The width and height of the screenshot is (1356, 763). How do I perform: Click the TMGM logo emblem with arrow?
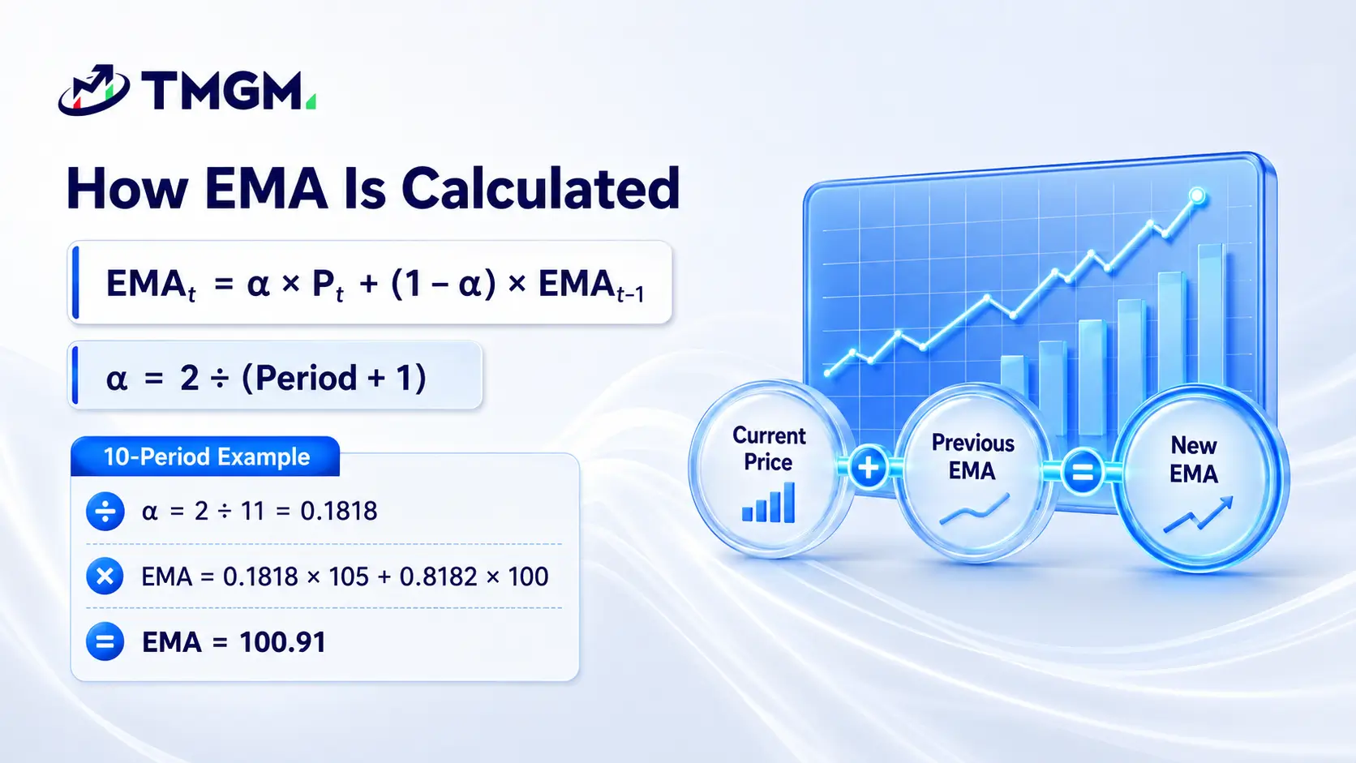(94, 89)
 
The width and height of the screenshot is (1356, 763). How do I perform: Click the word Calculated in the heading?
(541, 188)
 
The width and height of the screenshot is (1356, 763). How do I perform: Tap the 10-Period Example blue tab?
(205, 457)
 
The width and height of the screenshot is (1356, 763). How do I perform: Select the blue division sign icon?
(105, 512)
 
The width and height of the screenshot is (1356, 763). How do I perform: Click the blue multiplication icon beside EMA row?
(105, 576)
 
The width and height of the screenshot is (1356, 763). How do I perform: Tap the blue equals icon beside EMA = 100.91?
(105, 641)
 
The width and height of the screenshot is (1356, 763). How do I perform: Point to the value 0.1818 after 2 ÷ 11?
(339, 512)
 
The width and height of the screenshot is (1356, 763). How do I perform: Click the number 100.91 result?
(283, 642)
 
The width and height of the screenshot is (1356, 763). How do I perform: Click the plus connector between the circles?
(869, 467)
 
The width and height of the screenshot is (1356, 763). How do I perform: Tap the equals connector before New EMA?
(1083, 472)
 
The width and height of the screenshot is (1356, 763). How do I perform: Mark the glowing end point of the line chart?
(1197, 195)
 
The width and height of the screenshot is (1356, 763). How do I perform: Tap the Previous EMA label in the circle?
(973, 457)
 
